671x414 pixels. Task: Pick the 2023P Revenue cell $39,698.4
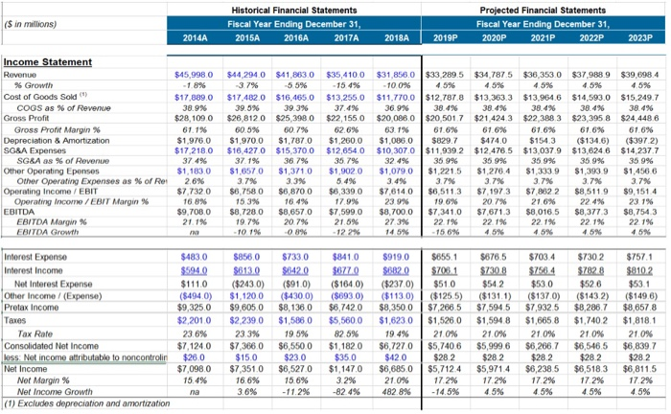click(640, 74)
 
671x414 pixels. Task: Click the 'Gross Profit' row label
click(27, 108)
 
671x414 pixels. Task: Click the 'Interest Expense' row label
click(35, 232)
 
